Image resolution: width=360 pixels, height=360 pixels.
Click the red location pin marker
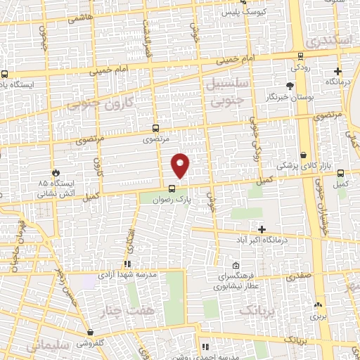(x=181, y=165)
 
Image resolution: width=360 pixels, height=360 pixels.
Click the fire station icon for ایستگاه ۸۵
(x=56, y=172)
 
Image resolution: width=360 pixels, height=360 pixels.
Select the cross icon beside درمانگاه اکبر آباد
(x=262, y=230)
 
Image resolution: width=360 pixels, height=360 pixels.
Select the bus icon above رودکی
(x=300, y=57)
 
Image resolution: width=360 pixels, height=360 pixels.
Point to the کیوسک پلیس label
(x=240, y=13)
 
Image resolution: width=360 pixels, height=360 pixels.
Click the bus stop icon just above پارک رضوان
(x=172, y=188)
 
